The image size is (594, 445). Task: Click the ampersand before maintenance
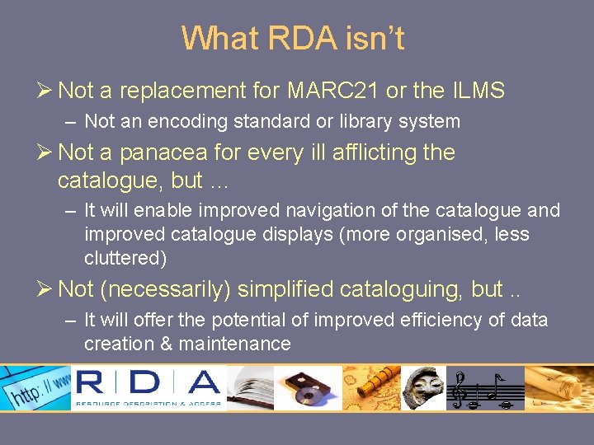pos(163,344)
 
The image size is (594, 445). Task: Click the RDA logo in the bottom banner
pos(148,386)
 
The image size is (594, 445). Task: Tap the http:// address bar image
pos(37,387)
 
